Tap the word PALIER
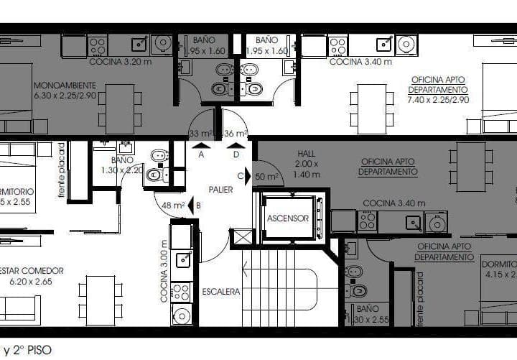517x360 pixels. [x=221, y=190]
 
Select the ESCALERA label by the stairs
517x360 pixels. [x=220, y=292]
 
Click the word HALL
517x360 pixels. [x=306, y=154]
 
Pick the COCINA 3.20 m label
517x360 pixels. [x=120, y=62]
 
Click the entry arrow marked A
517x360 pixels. [x=200, y=146]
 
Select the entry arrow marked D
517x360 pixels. [x=236, y=146]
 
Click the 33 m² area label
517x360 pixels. [x=200, y=134]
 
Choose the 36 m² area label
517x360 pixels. [x=236, y=134]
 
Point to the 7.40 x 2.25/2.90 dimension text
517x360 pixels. [x=437, y=100]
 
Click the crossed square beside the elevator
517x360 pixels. [x=243, y=236]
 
